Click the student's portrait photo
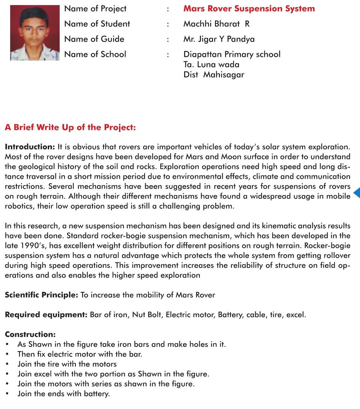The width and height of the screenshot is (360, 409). [35, 33]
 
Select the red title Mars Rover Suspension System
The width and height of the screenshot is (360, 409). [249, 8]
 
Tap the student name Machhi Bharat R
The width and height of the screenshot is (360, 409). [216, 24]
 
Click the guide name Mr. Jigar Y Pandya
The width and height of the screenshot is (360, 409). [219, 39]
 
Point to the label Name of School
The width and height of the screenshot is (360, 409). [95, 54]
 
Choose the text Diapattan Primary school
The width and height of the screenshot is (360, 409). [232, 55]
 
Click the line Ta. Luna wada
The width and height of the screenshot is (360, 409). [211, 65]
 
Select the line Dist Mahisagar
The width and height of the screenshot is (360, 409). [214, 75]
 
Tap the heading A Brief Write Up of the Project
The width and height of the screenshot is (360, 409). [70, 128]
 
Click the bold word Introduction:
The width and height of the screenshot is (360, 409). [30, 147]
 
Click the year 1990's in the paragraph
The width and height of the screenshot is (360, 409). [17, 245]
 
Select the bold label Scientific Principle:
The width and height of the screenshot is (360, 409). [41, 295]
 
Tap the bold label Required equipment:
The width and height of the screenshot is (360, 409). [46, 315]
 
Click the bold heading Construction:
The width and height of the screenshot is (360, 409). [30, 335]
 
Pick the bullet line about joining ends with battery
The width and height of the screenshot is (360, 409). [64, 394]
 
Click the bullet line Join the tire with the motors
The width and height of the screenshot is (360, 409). [67, 364]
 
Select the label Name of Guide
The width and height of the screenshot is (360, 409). [94, 39]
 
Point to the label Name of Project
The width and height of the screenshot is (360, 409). [95, 8]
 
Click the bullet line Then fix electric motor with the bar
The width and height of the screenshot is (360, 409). [80, 354]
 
